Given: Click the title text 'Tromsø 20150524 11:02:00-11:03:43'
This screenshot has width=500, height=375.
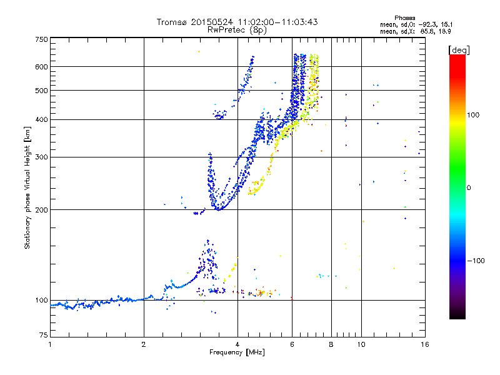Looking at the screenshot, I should [237, 22].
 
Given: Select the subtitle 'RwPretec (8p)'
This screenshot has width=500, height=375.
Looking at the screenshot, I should [237, 29].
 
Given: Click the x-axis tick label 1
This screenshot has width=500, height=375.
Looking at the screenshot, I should [50, 344].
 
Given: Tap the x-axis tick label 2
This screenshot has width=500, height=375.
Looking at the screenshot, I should [144, 344].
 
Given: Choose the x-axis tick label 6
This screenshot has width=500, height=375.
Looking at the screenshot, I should [292, 344].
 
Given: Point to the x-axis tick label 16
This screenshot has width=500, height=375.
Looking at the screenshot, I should [423, 344].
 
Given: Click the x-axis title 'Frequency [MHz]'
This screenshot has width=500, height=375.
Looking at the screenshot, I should [237, 353].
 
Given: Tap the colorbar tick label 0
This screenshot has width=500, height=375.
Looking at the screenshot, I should [469, 187].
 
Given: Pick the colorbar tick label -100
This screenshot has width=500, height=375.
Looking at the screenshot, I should [475, 260].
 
